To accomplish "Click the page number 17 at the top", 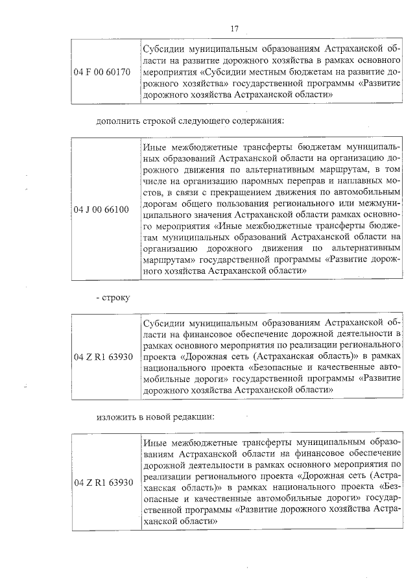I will [235, 29].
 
